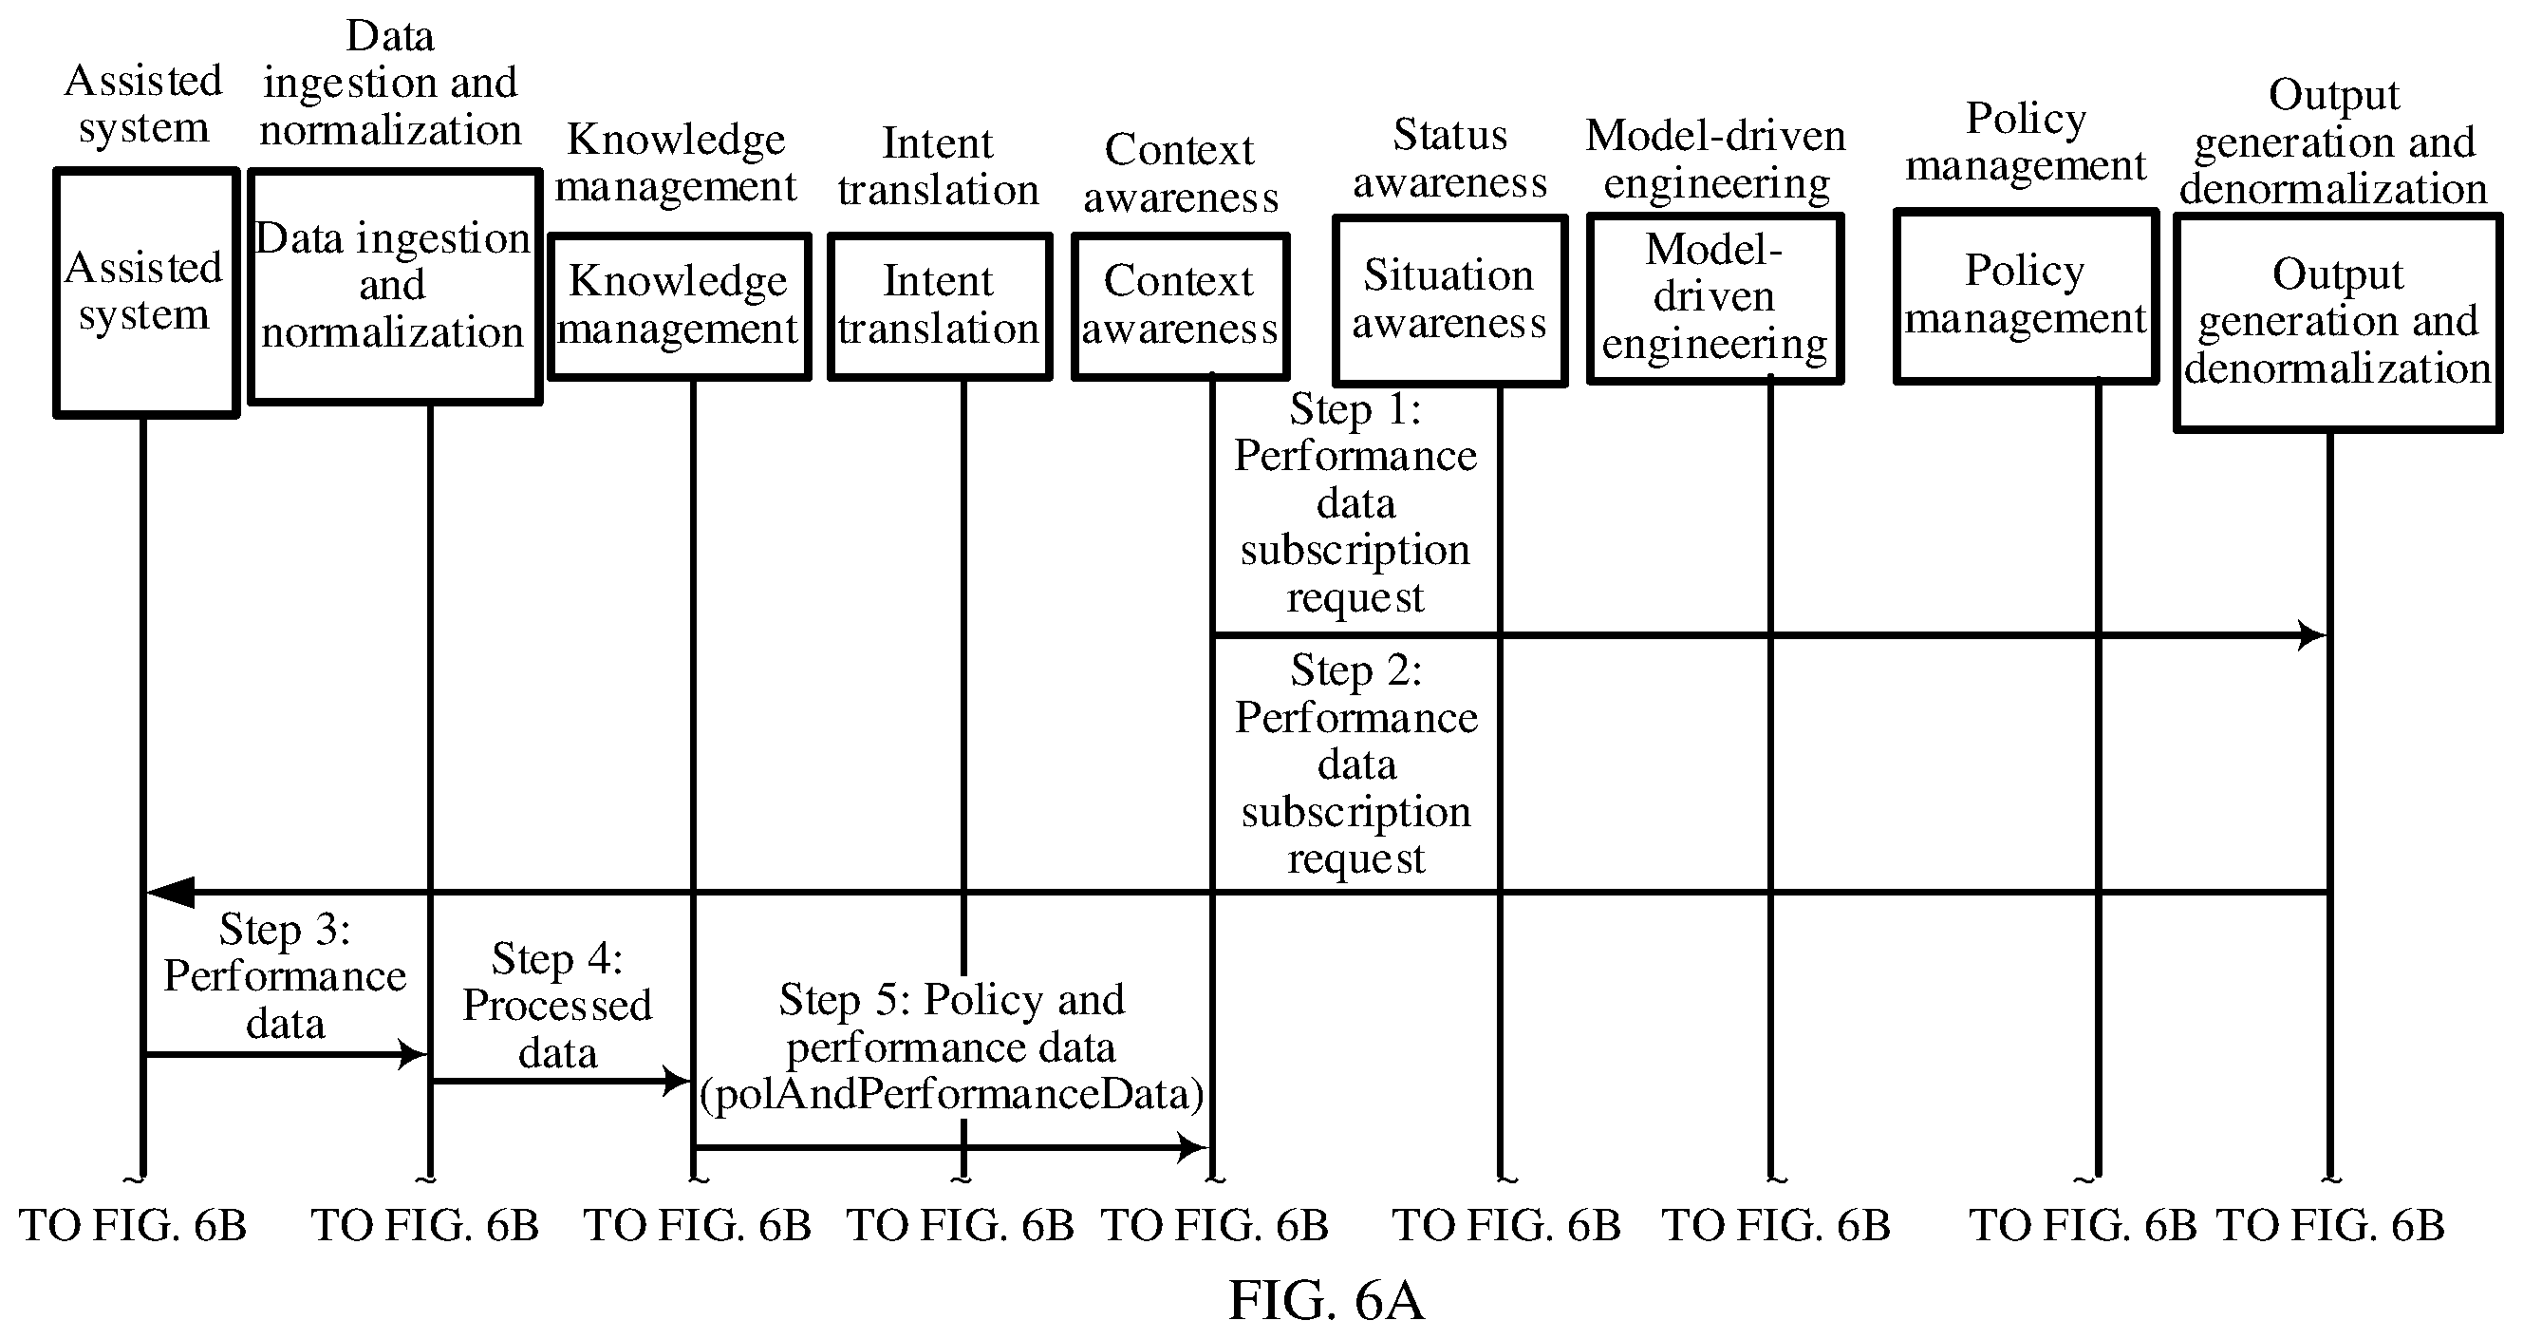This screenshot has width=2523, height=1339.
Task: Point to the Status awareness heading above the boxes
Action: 1450,159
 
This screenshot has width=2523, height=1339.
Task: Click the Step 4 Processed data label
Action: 557,1006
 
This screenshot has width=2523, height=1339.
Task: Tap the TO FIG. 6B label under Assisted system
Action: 133,1225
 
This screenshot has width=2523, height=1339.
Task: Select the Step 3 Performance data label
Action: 285,975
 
